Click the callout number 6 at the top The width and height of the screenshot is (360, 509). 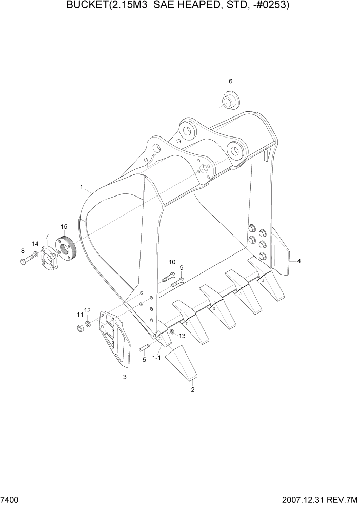[x=230, y=81]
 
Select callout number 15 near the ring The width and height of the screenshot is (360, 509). [x=64, y=226]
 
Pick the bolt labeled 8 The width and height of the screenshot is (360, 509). [x=26, y=262]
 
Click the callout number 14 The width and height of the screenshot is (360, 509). [x=35, y=244]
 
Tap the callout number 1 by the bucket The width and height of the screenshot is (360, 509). [x=81, y=188]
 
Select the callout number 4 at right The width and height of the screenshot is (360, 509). [x=299, y=261]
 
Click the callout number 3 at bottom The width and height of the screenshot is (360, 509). [x=125, y=377]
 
